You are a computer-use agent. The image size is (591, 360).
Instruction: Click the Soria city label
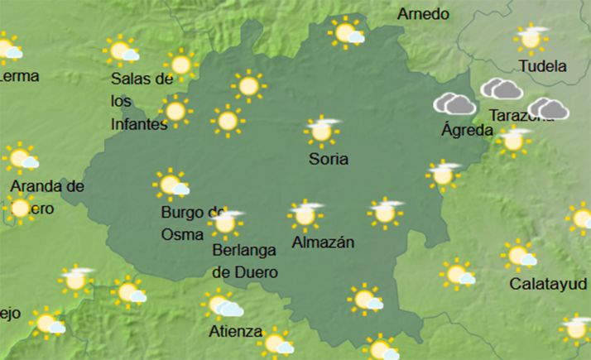328,158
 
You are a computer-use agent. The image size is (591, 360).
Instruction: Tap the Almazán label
324,242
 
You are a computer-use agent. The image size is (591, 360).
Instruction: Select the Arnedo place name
423,14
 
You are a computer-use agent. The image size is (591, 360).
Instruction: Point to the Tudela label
542,66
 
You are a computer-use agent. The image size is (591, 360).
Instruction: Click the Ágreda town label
468,130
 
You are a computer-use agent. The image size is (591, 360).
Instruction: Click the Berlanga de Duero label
244,260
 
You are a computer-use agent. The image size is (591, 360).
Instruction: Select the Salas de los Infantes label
142,101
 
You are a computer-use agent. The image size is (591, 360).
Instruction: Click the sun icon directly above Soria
322,130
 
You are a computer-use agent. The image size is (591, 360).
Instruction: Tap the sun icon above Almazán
305,214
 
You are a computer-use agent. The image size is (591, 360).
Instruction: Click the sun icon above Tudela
531,38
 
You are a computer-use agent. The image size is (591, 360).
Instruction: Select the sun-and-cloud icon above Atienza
222,305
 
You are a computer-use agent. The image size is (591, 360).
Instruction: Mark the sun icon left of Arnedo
346,33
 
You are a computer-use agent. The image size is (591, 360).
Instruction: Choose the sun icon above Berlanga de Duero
224,221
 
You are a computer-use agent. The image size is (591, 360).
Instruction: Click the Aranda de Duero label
46,197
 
